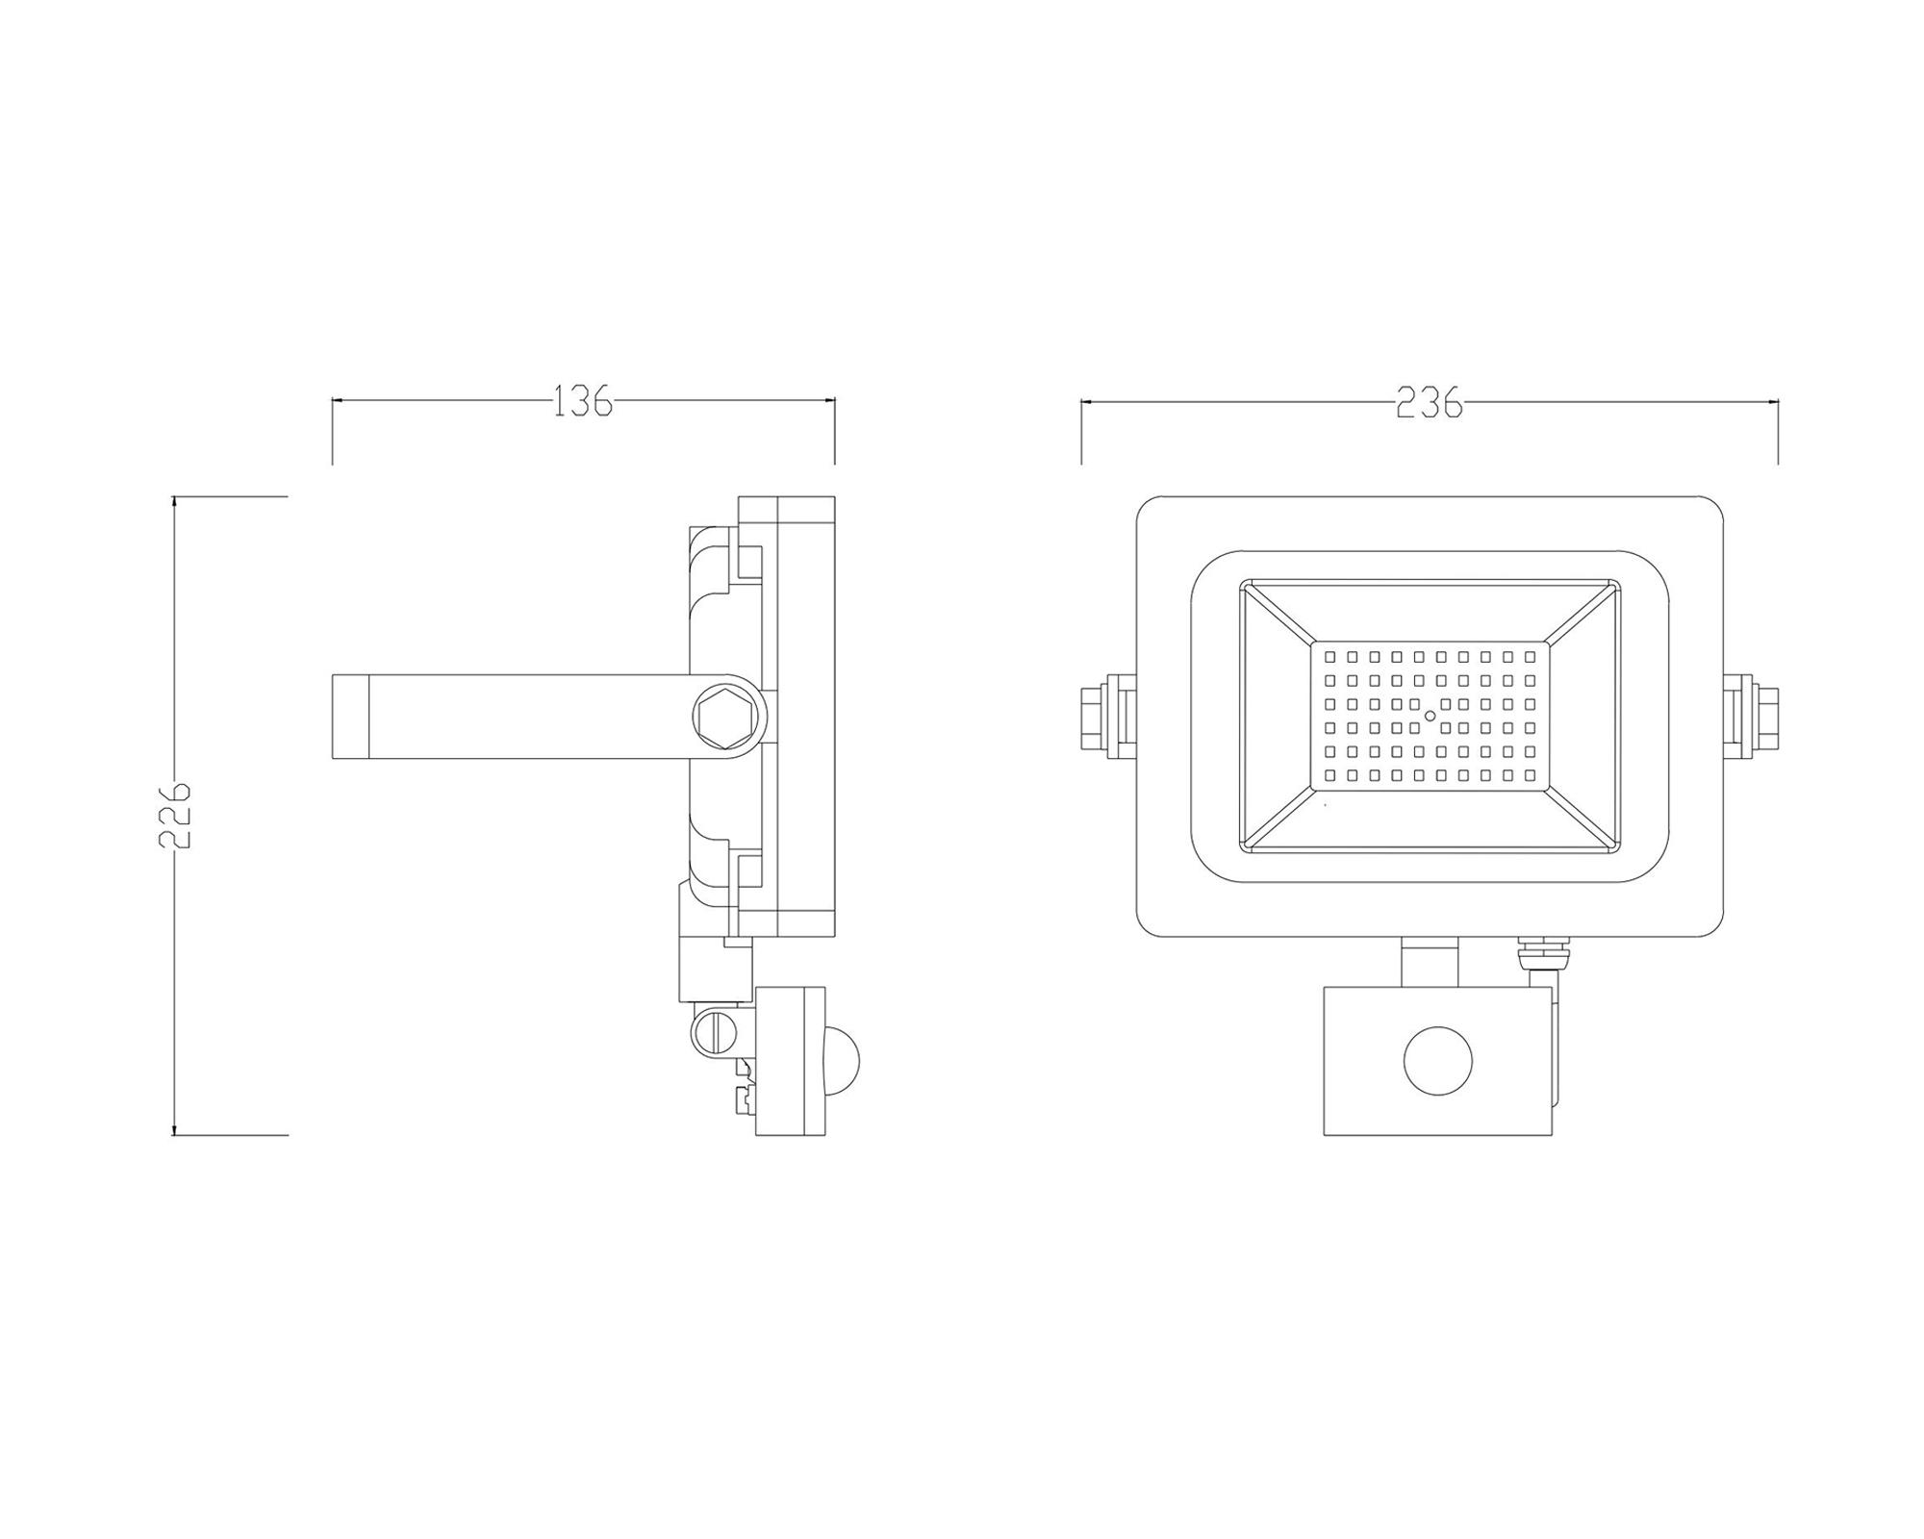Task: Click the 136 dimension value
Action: tap(583, 401)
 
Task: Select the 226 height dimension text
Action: tap(175, 815)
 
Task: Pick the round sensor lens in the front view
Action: tap(1438, 1060)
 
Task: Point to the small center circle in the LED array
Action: tap(1430, 716)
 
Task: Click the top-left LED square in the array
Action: tap(1329, 658)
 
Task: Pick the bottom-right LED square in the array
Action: tap(1529, 774)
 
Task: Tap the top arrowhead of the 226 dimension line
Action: tap(174, 500)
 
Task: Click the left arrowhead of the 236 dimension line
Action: tap(1085, 403)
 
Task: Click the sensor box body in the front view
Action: tap(1366, 1097)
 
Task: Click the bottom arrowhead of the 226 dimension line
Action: tap(174, 1131)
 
